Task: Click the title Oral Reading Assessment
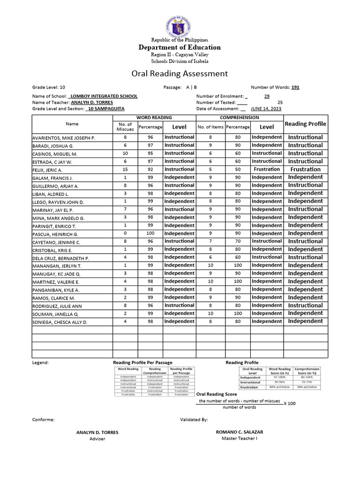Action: tap(180, 74)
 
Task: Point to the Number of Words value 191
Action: tap(295, 87)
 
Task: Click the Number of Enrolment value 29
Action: tap(267, 96)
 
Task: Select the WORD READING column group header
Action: tap(154, 117)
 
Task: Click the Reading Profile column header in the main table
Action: tap(305, 124)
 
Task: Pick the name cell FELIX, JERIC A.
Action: tap(47, 170)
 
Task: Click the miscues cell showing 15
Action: tap(125, 169)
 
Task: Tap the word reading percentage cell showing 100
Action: tap(150, 233)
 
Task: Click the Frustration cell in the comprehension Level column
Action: tap(266, 169)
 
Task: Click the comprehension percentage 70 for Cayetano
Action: tap(238, 241)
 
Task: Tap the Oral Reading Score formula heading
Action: tap(216, 394)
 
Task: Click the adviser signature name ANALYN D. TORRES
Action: tap(97, 432)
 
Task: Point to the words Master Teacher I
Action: tap(239, 438)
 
